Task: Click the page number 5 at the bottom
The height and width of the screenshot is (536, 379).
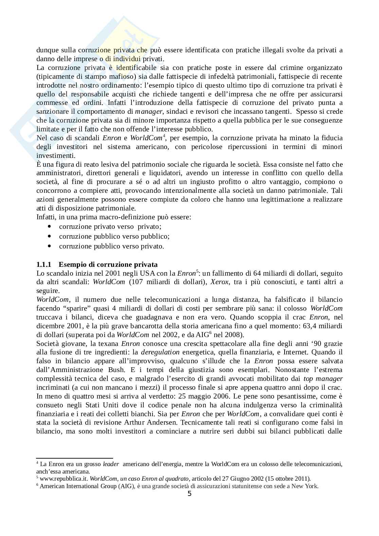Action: click(189, 494)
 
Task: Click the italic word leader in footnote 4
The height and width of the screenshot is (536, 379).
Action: click(110, 464)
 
